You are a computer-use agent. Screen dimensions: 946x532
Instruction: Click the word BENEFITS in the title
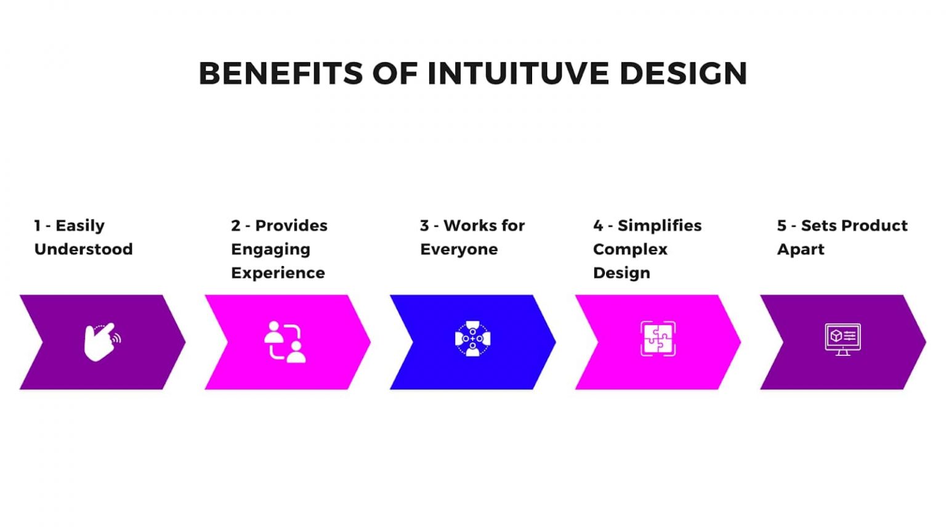tap(280, 73)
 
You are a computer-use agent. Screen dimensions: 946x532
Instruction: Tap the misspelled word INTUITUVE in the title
tap(518, 73)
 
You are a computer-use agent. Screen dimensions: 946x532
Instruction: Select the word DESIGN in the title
tap(683, 73)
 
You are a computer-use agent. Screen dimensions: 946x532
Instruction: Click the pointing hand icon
tap(102, 342)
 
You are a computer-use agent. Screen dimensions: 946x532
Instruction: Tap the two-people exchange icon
tap(285, 342)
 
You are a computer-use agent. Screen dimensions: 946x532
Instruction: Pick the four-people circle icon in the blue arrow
tap(472, 339)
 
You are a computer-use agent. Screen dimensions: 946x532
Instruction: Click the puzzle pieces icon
tap(658, 339)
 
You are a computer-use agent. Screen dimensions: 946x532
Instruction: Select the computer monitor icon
tap(843, 339)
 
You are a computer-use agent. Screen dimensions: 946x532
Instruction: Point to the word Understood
tap(84, 249)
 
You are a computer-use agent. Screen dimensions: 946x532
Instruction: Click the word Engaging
tap(271, 250)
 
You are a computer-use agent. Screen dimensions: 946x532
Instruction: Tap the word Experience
tap(278, 273)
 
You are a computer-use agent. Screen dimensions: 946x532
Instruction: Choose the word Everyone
tap(459, 250)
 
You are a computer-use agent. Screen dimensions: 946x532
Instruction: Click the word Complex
tap(630, 250)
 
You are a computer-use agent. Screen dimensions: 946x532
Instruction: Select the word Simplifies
tap(660, 225)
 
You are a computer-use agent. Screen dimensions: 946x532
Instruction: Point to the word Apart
tap(801, 250)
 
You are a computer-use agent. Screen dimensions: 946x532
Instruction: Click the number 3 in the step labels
tap(424, 226)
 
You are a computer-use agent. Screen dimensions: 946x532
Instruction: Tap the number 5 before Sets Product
tap(782, 226)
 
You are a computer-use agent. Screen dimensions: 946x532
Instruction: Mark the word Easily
tap(80, 227)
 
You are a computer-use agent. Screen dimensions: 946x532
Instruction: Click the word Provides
tap(291, 225)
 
